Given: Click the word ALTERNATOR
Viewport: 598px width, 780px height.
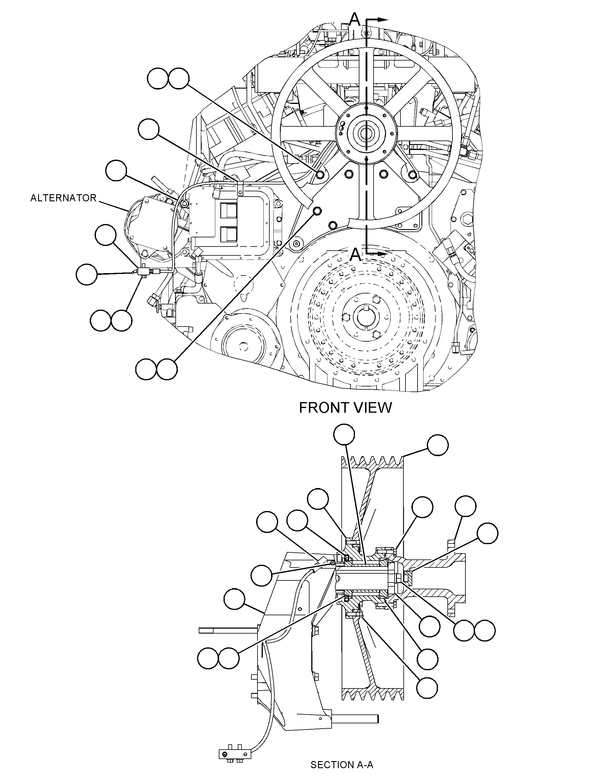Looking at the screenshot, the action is coord(63,198).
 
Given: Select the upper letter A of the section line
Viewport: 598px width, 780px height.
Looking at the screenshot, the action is coord(355,19).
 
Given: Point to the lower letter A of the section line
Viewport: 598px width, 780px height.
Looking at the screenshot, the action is coord(355,255).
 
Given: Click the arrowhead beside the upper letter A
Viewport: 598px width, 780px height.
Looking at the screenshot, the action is coord(382,19).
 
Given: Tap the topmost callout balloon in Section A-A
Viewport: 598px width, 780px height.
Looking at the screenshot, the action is coord(344,435).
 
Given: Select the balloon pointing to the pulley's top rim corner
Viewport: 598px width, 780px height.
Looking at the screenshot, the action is coord(437,445).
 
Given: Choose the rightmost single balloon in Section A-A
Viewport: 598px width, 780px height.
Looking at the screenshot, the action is coord(487,533).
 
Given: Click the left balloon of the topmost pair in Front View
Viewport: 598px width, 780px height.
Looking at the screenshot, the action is coord(157,79).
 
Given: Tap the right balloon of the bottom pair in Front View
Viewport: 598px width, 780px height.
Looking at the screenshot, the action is coord(167,369).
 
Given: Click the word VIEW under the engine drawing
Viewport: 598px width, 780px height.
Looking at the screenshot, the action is coord(374,408).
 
